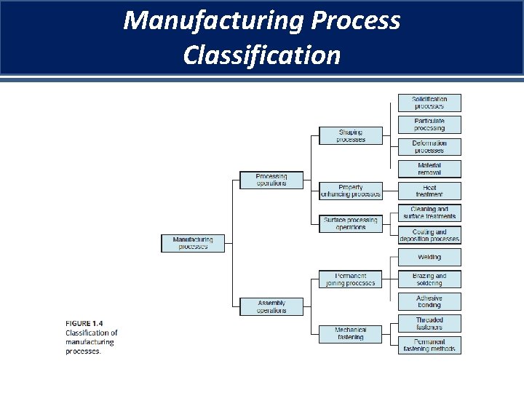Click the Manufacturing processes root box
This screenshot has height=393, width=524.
coord(193,243)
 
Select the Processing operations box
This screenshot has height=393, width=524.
coord(271,180)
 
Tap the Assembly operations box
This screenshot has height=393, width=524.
coord(271,306)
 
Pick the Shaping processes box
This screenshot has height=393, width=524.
coord(351,135)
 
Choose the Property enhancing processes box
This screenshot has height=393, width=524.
coord(351,191)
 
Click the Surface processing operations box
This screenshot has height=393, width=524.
coord(351,223)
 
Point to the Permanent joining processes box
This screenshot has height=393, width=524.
coord(351,279)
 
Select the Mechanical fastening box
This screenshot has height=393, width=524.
coord(351,333)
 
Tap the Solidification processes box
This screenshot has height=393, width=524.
coord(429,103)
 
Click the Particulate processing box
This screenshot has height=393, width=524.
coord(429,124)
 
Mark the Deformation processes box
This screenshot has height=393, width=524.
coord(429,147)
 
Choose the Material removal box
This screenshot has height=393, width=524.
coord(429,169)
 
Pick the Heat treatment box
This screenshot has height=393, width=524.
coord(429,191)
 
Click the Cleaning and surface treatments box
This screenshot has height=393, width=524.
coord(429,213)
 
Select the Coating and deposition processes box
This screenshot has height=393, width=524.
coord(429,235)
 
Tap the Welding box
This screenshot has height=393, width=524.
coord(429,257)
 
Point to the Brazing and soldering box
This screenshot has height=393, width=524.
coord(429,279)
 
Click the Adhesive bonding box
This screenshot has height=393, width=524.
coord(429,301)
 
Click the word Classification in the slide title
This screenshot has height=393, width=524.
coord(262,55)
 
